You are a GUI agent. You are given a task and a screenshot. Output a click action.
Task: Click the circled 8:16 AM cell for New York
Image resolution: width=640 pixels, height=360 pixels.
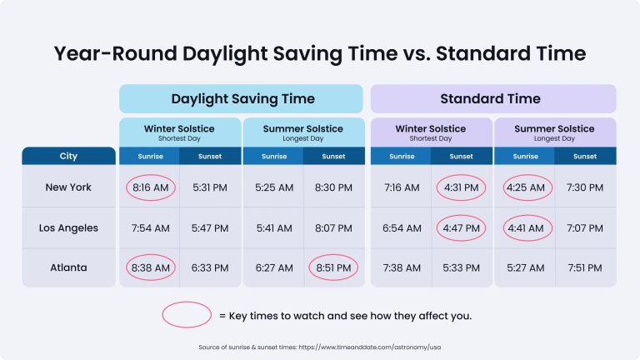(150, 187)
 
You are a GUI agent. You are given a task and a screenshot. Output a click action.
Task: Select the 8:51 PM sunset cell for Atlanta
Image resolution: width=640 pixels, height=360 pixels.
(334, 267)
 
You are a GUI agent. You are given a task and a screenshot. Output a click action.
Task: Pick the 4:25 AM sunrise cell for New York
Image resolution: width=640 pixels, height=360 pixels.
(525, 187)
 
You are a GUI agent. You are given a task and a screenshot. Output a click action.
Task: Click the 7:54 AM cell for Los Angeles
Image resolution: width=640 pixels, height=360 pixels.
(150, 227)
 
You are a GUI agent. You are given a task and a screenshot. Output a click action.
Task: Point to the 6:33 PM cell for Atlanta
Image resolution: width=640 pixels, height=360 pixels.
(211, 267)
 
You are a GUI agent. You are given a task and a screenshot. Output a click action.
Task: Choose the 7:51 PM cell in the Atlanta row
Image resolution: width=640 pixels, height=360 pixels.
(586, 267)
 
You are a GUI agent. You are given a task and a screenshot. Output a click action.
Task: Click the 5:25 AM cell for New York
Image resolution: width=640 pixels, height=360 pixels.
(272, 187)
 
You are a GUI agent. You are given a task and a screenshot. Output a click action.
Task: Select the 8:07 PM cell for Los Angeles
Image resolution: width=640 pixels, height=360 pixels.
(334, 227)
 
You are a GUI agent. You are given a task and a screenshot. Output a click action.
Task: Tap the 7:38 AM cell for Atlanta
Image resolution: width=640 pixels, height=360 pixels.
(401, 267)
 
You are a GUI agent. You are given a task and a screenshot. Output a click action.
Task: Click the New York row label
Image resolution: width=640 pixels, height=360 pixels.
(68, 187)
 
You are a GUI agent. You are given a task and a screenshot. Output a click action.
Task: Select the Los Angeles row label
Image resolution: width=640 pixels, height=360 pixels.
(68, 227)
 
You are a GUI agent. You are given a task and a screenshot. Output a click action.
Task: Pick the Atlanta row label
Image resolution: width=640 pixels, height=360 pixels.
(68, 267)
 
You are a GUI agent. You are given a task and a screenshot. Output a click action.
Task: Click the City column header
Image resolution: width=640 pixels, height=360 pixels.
(68, 156)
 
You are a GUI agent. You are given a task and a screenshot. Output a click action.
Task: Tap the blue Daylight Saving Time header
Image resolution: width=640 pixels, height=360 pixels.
(242, 98)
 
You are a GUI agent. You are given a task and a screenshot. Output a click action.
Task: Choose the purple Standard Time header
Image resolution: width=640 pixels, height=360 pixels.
(493, 98)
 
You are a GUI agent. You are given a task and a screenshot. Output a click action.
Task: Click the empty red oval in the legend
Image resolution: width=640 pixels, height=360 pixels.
(187, 315)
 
